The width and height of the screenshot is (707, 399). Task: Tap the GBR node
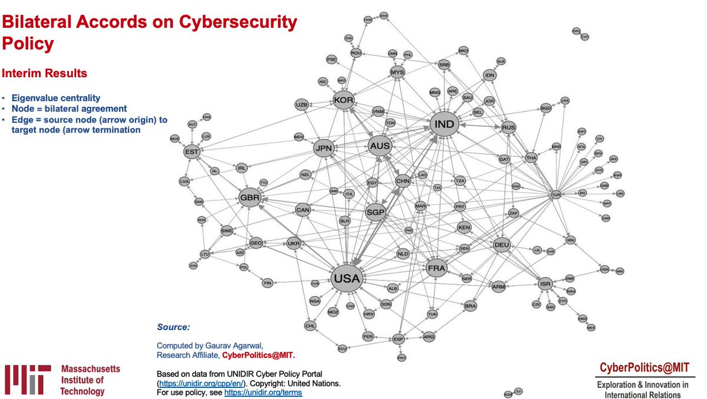[x=249, y=198]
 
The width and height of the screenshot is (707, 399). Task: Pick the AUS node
[x=379, y=146]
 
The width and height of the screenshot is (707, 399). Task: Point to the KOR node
[x=343, y=100]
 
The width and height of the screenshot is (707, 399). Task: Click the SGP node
[x=375, y=212]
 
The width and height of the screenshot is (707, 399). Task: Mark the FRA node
[x=437, y=269]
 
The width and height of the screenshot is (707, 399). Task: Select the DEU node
[x=501, y=245]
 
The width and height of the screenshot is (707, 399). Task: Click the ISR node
[x=546, y=285]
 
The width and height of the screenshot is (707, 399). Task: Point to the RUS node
[x=508, y=127]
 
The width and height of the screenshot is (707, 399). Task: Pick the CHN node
[x=403, y=182]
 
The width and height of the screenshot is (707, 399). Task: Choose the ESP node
[x=399, y=339]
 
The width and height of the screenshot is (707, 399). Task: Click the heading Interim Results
[x=45, y=74]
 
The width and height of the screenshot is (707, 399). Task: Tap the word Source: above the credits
[x=174, y=326]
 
